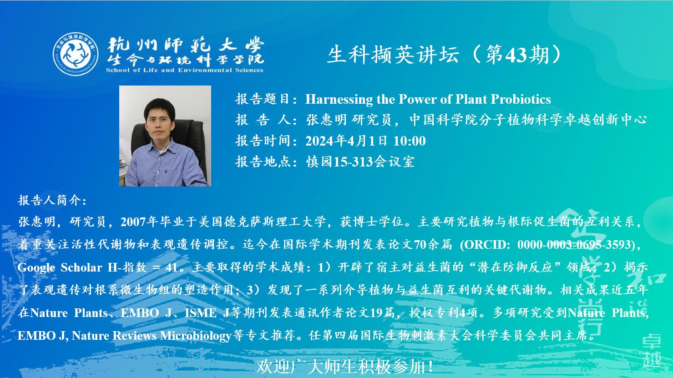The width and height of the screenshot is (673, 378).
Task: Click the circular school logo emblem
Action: tap(76, 54)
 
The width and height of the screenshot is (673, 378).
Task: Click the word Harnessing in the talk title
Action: tap(339, 99)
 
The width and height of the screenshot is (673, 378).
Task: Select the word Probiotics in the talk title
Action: tap(521, 99)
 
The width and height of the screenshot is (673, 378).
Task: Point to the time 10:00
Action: tap(410, 141)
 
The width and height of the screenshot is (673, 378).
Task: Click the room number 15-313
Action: tap(353, 162)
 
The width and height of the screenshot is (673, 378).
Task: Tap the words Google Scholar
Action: tap(60, 267)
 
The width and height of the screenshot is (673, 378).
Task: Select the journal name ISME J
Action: tap(207, 313)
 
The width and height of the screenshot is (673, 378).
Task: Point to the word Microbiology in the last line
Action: tap(196, 336)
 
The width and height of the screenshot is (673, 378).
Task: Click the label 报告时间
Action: tap(263, 141)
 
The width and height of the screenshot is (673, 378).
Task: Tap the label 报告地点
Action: tap(263, 162)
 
